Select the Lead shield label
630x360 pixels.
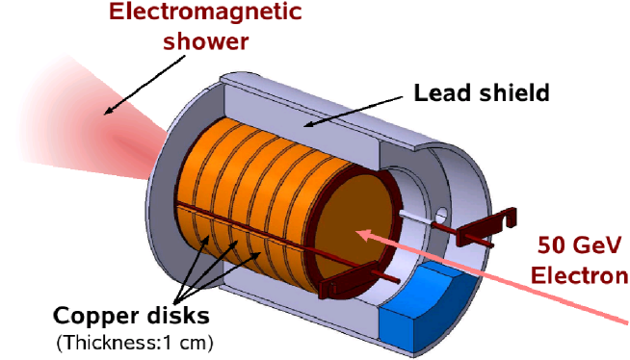pyautogui.click(x=481, y=93)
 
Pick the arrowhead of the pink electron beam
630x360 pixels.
pyautogui.click(x=362, y=233)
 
